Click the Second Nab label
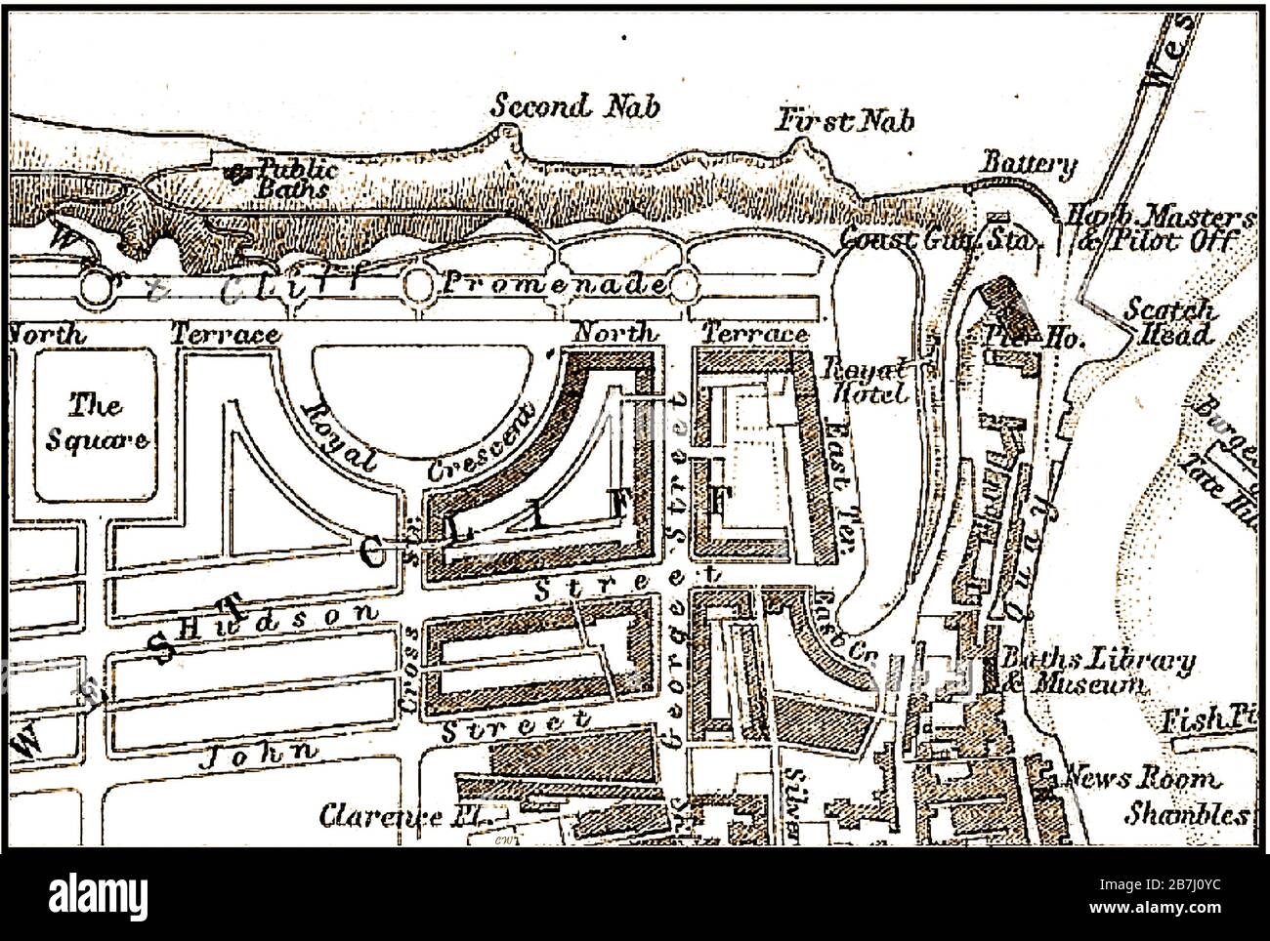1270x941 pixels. [573, 105]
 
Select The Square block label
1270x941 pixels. [96, 421]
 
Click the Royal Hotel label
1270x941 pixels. [867, 381]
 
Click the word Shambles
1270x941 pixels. [1185, 813]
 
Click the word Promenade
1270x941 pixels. [555, 285]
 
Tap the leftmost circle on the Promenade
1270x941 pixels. [98, 287]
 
